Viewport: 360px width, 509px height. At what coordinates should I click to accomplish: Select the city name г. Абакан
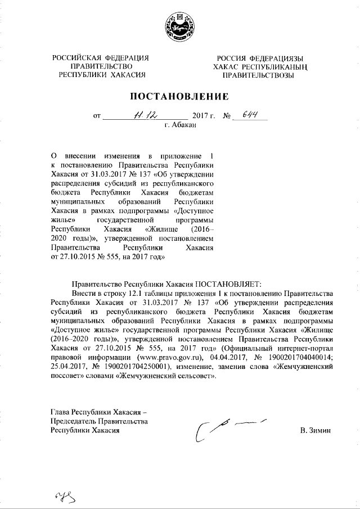point(180,124)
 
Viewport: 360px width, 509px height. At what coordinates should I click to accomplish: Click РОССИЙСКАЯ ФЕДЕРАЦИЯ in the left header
point(101,58)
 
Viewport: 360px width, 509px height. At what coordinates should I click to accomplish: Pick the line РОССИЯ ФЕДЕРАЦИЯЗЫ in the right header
point(260,58)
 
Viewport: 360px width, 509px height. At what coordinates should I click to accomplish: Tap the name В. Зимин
point(316,430)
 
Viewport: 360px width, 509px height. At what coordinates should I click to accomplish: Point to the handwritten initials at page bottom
point(65,495)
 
